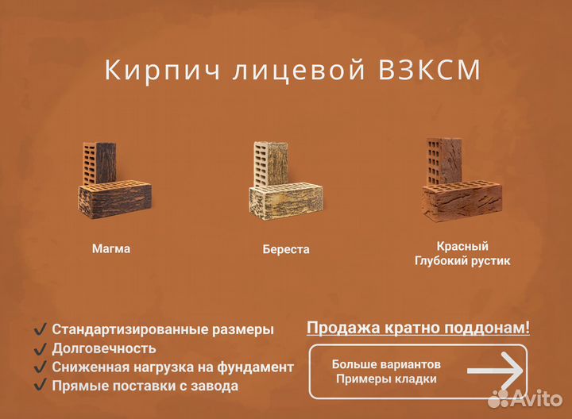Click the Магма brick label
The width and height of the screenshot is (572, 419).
click(x=111, y=248)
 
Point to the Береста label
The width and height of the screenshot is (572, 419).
click(x=286, y=249)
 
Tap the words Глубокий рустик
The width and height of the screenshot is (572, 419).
click(x=462, y=260)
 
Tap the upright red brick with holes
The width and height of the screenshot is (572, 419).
click(x=439, y=162)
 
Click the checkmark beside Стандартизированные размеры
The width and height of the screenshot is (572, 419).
click(x=40, y=329)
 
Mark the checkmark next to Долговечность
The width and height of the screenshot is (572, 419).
click(x=40, y=348)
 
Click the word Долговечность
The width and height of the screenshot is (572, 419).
click(x=104, y=348)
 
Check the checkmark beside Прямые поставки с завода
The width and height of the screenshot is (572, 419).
click(x=40, y=386)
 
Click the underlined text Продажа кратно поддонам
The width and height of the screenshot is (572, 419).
click(x=418, y=328)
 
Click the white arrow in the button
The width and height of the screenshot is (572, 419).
click(x=494, y=371)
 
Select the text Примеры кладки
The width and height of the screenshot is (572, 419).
click(x=386, y=379)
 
